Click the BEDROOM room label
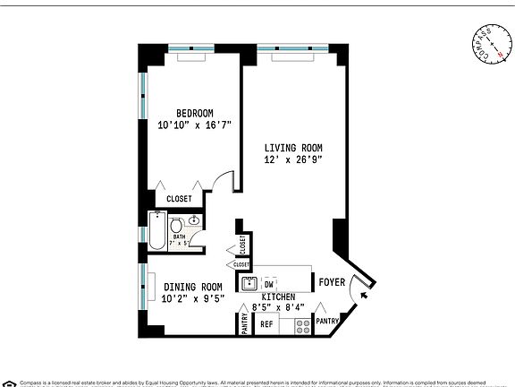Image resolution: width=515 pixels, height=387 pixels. coord(194,112)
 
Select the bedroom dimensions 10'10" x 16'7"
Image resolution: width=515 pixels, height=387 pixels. coord(194,125)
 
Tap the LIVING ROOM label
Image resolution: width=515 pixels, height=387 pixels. coord(292,148)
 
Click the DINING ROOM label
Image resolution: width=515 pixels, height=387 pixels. coord(193,288)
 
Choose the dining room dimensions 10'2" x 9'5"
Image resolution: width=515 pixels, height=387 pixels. coord(193,300)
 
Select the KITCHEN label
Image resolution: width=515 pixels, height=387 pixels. coord(277,296)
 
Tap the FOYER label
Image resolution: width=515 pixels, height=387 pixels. coord(332,284)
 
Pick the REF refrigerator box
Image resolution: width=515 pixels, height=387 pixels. coord(266,324)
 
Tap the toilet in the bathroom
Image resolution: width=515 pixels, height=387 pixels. coord(177,224)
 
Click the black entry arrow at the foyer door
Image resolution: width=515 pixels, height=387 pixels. coord(367,288)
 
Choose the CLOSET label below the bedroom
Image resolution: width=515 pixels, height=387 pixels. coord(179,199)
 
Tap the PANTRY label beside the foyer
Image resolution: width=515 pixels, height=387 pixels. coord(327,321)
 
